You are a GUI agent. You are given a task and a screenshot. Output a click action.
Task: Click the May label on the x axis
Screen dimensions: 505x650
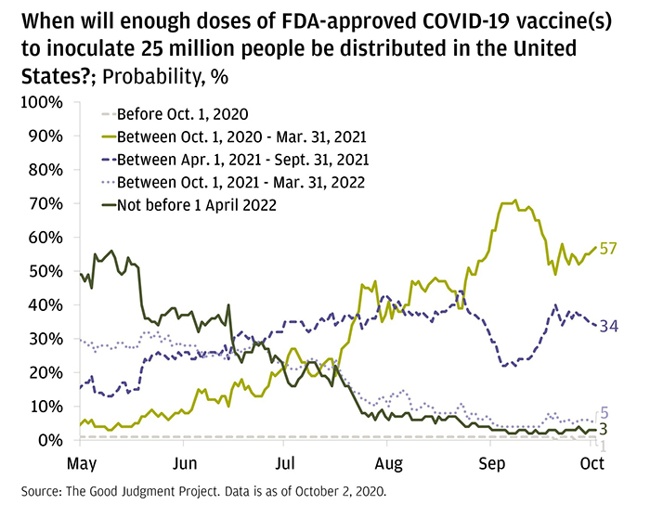tap(83, 461)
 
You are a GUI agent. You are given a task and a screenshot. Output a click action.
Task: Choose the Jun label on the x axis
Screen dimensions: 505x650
tap(186, 461)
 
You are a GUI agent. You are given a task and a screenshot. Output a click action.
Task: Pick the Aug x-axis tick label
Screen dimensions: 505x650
tap(390, 461)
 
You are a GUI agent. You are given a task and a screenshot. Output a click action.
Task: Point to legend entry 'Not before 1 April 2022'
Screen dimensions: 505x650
tap(197, 204)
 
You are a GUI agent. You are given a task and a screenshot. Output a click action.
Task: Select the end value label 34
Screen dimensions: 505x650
tap(608, 326)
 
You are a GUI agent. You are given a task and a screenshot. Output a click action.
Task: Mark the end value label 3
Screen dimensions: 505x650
tap(604, 429)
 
